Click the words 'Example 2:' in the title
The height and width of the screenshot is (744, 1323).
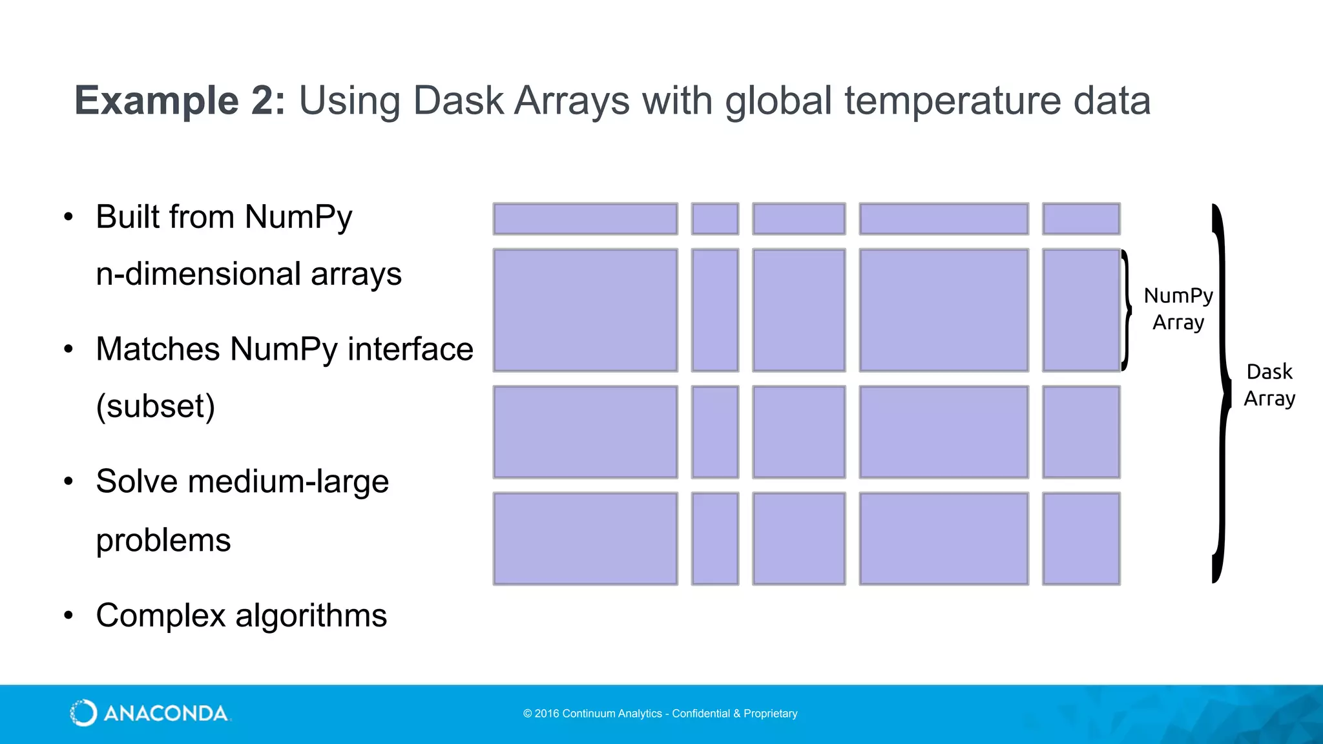(180, 101)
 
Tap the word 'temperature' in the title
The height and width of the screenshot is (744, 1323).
(952, 101)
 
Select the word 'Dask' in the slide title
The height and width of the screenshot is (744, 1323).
(457, 101)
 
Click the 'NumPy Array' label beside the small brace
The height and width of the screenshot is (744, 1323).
(1178, 309)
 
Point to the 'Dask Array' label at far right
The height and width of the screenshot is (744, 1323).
(1269, 385)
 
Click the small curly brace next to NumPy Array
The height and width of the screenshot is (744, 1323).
(1126, 310)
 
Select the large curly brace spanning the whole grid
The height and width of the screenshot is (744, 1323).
(1220, 393)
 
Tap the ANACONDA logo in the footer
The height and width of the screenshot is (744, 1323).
(149, 713)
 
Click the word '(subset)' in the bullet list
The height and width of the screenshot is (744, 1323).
(155, 406)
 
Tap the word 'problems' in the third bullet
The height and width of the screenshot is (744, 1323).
(163, 540)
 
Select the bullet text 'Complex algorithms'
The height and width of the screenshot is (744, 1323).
(241, 615)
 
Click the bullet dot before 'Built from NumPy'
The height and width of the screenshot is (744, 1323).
(68, 217)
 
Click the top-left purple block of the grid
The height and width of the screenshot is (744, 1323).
(585, 219)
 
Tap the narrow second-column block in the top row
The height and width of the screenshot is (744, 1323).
(714, 219)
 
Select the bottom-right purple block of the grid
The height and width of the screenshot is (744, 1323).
(1081, 539)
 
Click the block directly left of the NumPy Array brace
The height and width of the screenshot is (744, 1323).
(1081, 310)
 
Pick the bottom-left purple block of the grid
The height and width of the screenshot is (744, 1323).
(585, 539)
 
